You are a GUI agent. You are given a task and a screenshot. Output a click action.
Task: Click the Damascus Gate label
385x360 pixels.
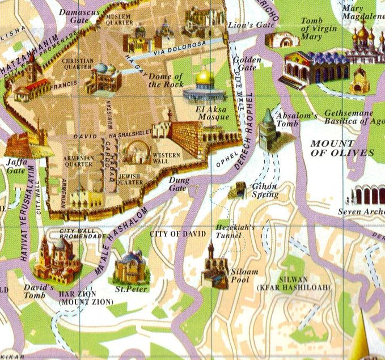tap(86, 15)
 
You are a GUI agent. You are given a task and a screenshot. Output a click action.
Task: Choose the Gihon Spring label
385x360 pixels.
tap(266, 190)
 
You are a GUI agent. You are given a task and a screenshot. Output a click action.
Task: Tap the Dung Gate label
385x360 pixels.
tap(179, 184)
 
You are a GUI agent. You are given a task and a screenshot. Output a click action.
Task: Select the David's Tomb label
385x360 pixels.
tap(39, 291)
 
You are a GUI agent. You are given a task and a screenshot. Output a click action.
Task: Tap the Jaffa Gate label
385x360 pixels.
tap(16, 165)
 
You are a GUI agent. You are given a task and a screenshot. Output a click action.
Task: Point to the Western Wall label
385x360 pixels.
tap(167, 158)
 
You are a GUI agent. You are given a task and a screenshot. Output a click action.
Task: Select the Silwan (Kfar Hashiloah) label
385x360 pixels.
tap(294, 284)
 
